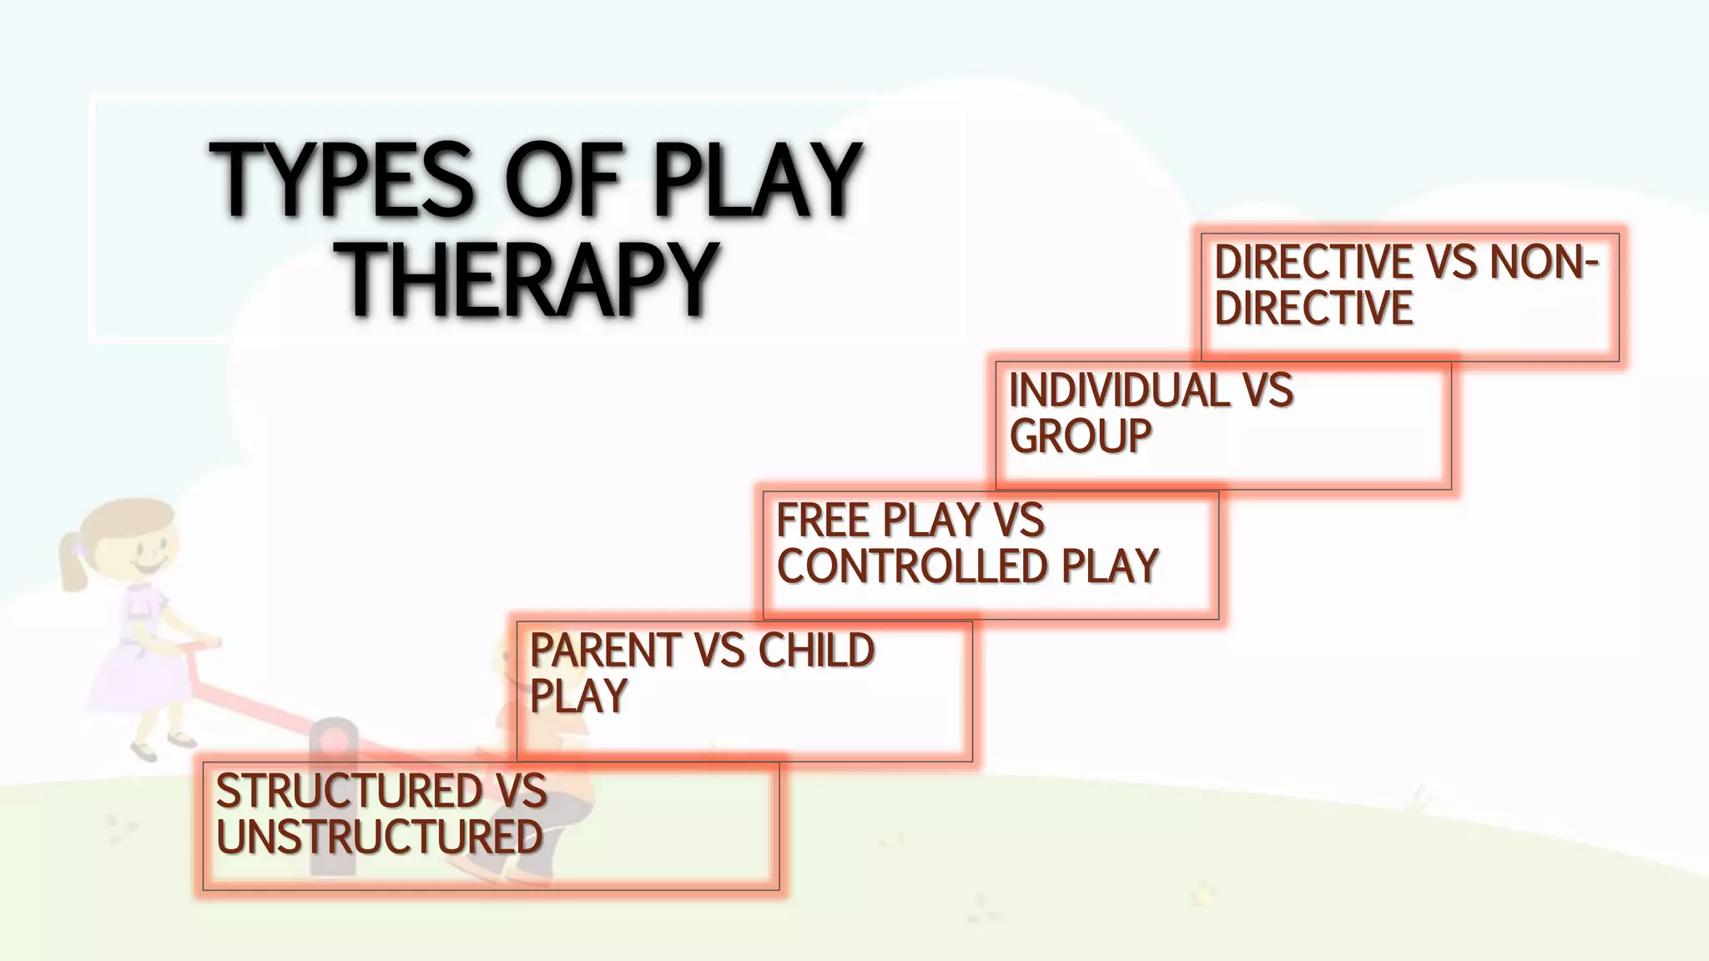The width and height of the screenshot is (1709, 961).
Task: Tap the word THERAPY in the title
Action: [531, 280]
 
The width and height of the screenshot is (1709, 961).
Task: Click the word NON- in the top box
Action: [1544, 263]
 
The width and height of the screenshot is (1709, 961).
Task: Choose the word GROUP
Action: [1081, 435]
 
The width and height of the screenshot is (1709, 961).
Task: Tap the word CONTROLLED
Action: [911, 566]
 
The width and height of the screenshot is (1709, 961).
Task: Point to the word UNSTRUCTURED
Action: [380, 837]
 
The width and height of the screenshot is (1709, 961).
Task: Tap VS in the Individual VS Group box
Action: [1268, 390]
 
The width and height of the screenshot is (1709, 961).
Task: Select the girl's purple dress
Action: [134, 651]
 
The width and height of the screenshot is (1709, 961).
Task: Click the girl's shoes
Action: [163, 745]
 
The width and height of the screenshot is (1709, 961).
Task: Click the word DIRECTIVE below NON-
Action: [1313, 308]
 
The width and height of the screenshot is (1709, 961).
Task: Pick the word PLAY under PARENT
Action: [578, 696]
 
